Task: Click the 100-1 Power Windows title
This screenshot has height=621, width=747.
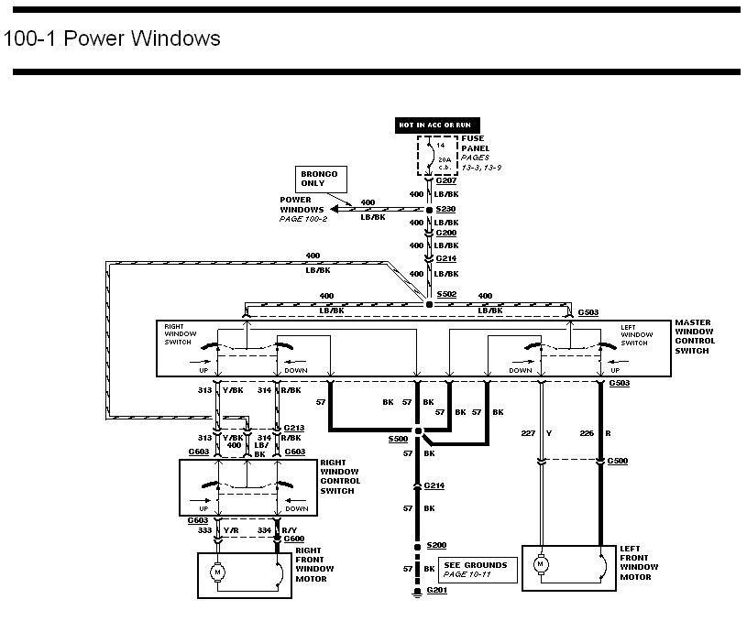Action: tap(112, 38)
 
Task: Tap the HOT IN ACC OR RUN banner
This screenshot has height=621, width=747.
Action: tap(437, 125)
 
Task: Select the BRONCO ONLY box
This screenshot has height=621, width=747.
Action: tap(321, 179)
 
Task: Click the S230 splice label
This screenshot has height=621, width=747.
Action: tap(446, 209)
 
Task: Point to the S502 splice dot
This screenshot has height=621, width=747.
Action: tap(429, 304)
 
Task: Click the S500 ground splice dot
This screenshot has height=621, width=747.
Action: tap(418, 431)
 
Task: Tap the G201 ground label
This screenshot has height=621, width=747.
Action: tap(437, 590)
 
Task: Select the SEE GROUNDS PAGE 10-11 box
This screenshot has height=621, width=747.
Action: tap(478, 570)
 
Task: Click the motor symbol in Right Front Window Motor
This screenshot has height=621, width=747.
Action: tap(218, 572)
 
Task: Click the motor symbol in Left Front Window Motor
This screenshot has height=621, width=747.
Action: tap(540, 565)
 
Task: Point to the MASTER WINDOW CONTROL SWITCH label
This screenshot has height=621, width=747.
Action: tap(695, 337)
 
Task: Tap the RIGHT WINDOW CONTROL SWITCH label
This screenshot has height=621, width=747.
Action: tap(340, 476)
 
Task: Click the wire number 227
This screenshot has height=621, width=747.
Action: tap(528, 433)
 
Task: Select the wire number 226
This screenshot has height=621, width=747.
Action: tap(587, 433)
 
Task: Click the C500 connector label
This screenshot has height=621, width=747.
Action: tap(618, 461)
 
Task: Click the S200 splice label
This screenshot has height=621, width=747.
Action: tap(436, 545)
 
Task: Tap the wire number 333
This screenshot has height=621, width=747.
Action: tap(205, 530)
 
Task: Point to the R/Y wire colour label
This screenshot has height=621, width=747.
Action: tap(290, 530)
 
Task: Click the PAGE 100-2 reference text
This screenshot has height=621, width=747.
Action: tap(303, 219)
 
